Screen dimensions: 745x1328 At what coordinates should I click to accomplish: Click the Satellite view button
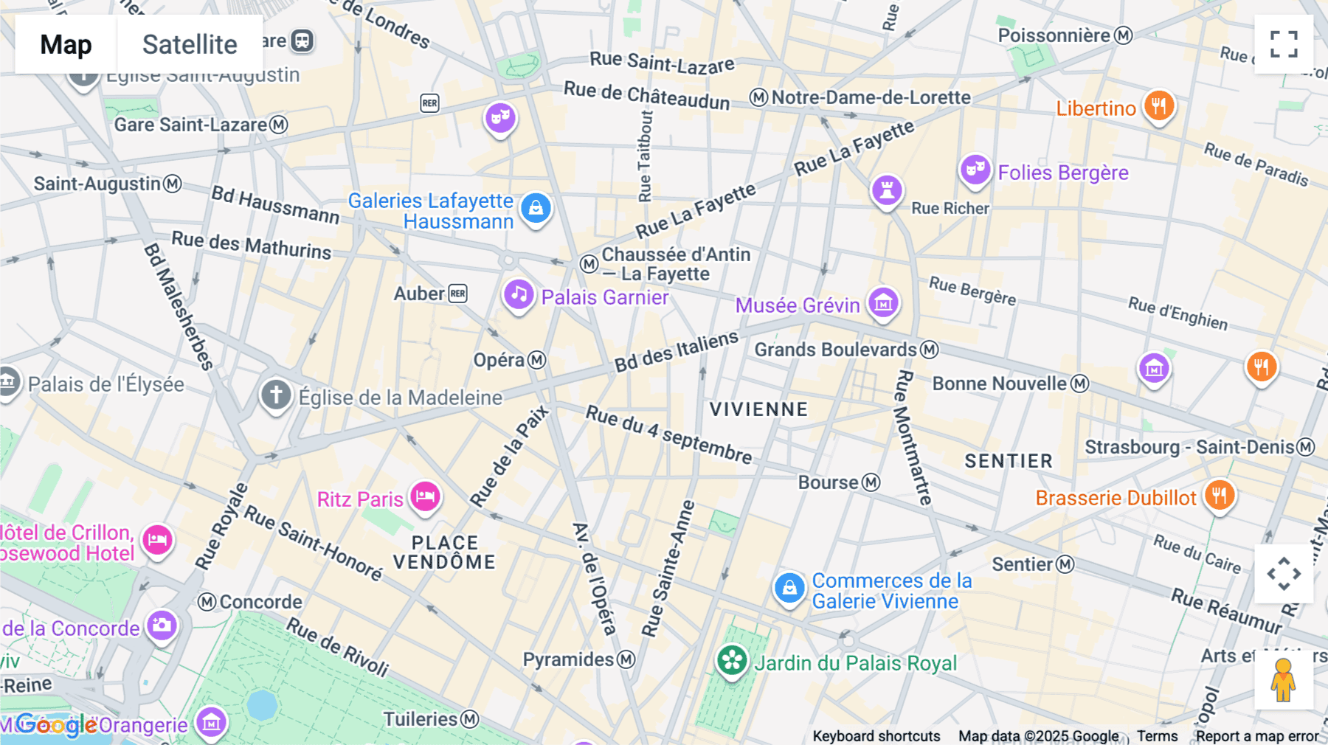coord(190,44)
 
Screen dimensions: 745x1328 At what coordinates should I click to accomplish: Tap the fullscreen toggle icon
coord(1284,44)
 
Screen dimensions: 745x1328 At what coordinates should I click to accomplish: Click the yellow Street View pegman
coord(1284,680)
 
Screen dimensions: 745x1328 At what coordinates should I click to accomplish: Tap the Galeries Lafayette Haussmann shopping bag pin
coord(536,209)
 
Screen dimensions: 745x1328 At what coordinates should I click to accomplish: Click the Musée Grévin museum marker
coord(883,302)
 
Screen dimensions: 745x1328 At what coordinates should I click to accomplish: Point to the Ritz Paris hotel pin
coord(426,496)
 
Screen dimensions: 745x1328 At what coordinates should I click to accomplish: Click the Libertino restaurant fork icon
coord(1159,106)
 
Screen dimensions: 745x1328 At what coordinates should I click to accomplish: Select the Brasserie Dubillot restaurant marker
coord(1220,496)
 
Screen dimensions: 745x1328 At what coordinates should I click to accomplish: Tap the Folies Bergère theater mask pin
coord(975,170)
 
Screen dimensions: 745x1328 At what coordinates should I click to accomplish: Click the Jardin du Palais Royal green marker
coord(732,661)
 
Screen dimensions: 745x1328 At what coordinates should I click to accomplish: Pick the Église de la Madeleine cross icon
coord(276,395)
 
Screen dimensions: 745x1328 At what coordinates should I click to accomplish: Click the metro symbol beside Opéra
coord(537,360)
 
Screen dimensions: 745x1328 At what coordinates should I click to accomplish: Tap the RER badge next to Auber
coord(458,294)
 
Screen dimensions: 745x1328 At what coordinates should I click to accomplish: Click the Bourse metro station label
coord(829,482)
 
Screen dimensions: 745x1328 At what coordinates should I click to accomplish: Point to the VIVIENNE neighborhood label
coord(758,409)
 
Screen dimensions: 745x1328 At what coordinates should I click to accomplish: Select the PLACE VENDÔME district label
coord(444,552)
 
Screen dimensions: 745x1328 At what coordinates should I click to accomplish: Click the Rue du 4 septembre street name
coord(668,434)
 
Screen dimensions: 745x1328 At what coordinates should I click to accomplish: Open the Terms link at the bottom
coord(1157,735)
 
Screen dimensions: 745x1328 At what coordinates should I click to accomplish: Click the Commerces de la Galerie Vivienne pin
coord(789,588)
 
